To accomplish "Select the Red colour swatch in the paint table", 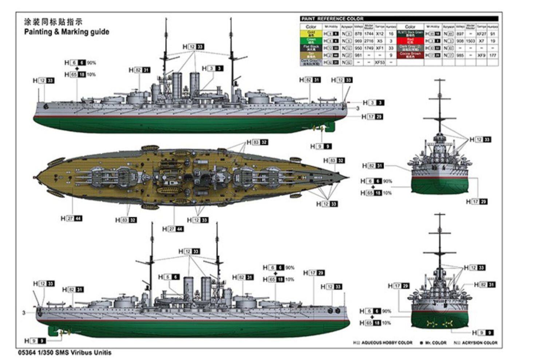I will click(410, 40).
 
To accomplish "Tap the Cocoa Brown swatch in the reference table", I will click(410, 55).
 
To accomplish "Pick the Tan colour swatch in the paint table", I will click(311, 55).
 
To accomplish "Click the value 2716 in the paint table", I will click(369, 41).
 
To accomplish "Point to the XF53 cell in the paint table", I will click(380, 62).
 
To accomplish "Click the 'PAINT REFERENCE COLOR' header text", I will click(332, 19).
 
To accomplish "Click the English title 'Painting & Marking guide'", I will click(67, 32).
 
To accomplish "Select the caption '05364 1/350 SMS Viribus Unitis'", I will click(64, 352).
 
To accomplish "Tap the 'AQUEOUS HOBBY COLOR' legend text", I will click(387, 343).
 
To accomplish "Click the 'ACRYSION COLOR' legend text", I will click(479, 343).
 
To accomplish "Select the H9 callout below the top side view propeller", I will click(321, 146).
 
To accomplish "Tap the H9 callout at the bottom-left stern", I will click(35, 341).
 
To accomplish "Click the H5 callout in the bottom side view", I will click(169, 277).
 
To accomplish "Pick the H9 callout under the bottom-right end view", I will click(483, 332).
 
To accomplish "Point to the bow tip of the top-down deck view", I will click(348, 178).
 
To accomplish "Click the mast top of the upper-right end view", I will click(440, 81).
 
